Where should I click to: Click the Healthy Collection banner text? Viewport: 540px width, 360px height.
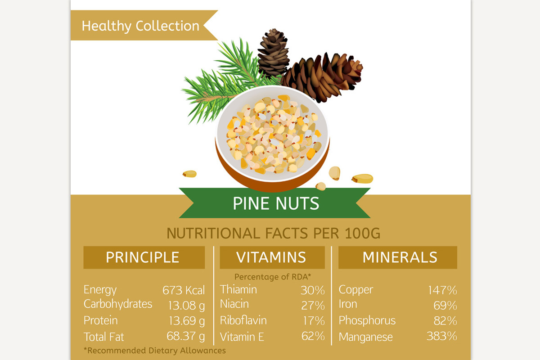[140, 26]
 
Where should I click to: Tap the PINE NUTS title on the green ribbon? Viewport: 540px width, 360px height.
[276, 204]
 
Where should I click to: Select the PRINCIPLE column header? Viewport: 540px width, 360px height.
[143, 257]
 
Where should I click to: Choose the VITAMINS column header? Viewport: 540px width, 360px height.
[271, 257]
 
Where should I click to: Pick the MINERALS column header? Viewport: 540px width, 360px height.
[400, 257]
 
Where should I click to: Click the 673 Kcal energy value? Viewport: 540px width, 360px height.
[183, 290]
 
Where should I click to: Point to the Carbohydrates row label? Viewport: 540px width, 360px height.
[118, 304]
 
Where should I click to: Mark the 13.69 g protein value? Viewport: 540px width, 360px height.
[186, 321]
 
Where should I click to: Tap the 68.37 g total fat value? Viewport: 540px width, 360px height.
[186, 337]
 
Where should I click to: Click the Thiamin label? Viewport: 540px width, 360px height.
[238, 289]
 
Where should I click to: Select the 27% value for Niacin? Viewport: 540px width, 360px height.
[313, 306]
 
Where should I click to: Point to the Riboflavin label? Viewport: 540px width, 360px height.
[243, 320]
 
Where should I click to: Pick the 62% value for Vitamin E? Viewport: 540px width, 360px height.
[313, 336]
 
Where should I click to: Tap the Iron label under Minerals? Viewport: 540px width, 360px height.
[348, 304]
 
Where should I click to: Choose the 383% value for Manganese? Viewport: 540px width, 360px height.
[442, 336]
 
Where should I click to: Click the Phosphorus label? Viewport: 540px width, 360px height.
[367, 321]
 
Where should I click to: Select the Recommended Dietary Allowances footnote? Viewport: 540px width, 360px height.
[155, 350]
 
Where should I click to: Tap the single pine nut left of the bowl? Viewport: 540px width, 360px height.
[190, 174]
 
